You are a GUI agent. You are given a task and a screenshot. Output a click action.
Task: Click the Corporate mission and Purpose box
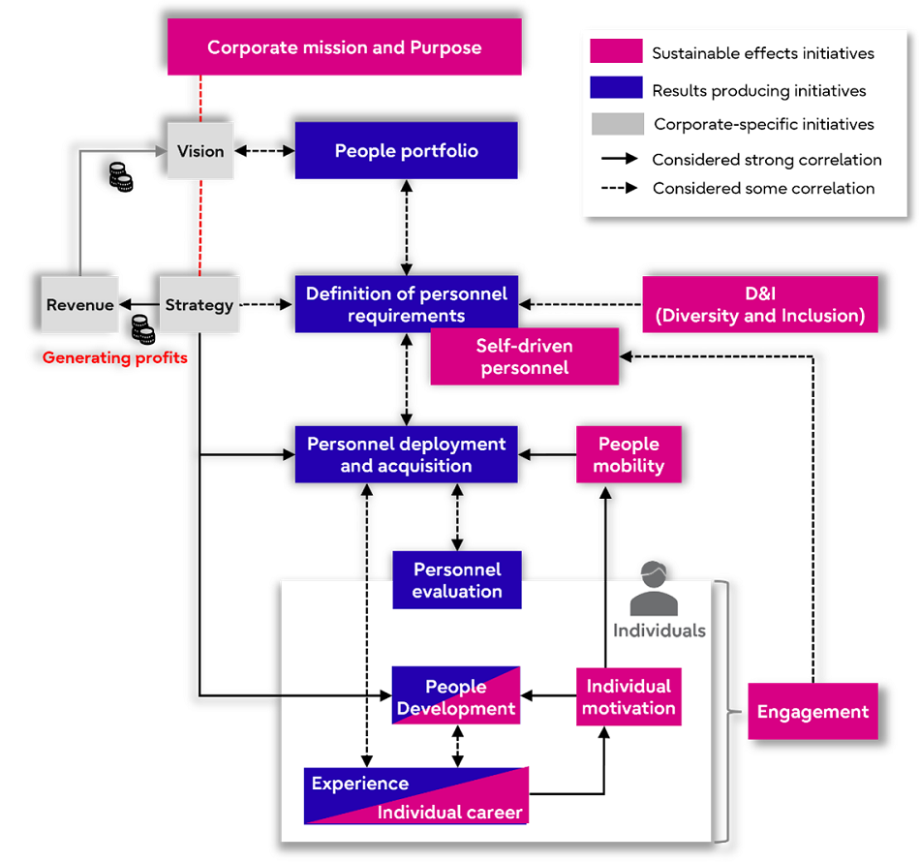(x=344, y=47)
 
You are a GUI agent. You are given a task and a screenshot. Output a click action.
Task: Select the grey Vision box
(x=200, y=151)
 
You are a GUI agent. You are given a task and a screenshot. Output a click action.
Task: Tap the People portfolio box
(x=406, y=151)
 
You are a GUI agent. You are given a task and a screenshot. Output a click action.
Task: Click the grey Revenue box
(x=79, y=305)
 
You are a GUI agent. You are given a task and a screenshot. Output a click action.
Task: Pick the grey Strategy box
(x=199, y=305)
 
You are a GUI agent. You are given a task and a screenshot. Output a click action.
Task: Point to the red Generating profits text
(x=114, y=358)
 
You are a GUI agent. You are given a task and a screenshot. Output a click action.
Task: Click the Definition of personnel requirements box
(x=406, y=304)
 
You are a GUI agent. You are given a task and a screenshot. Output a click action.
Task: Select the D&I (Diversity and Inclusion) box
(x=760, y=304)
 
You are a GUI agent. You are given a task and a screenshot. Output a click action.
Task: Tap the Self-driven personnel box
(x=524, y=356)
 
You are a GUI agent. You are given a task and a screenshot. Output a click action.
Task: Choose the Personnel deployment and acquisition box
(x=406, y=454)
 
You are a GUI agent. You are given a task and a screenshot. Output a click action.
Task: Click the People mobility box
(x=629, y=454)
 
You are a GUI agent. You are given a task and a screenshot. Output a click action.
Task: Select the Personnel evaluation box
(x=456, y=580)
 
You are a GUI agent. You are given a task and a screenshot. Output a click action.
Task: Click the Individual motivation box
(x=629, y=697)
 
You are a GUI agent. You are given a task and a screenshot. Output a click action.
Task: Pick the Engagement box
(x=813, y=712)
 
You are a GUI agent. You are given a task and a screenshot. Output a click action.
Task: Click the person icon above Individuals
(x=654, y=589)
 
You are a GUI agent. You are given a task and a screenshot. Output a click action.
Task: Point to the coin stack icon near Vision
(x=120, y=177)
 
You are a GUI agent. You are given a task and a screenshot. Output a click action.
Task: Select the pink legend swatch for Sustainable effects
(x=616, y=52)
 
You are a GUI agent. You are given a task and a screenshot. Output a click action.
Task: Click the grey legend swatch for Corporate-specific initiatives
(x=616, y=124)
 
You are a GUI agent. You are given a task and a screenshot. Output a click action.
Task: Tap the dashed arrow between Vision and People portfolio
(x=264, y=151)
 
